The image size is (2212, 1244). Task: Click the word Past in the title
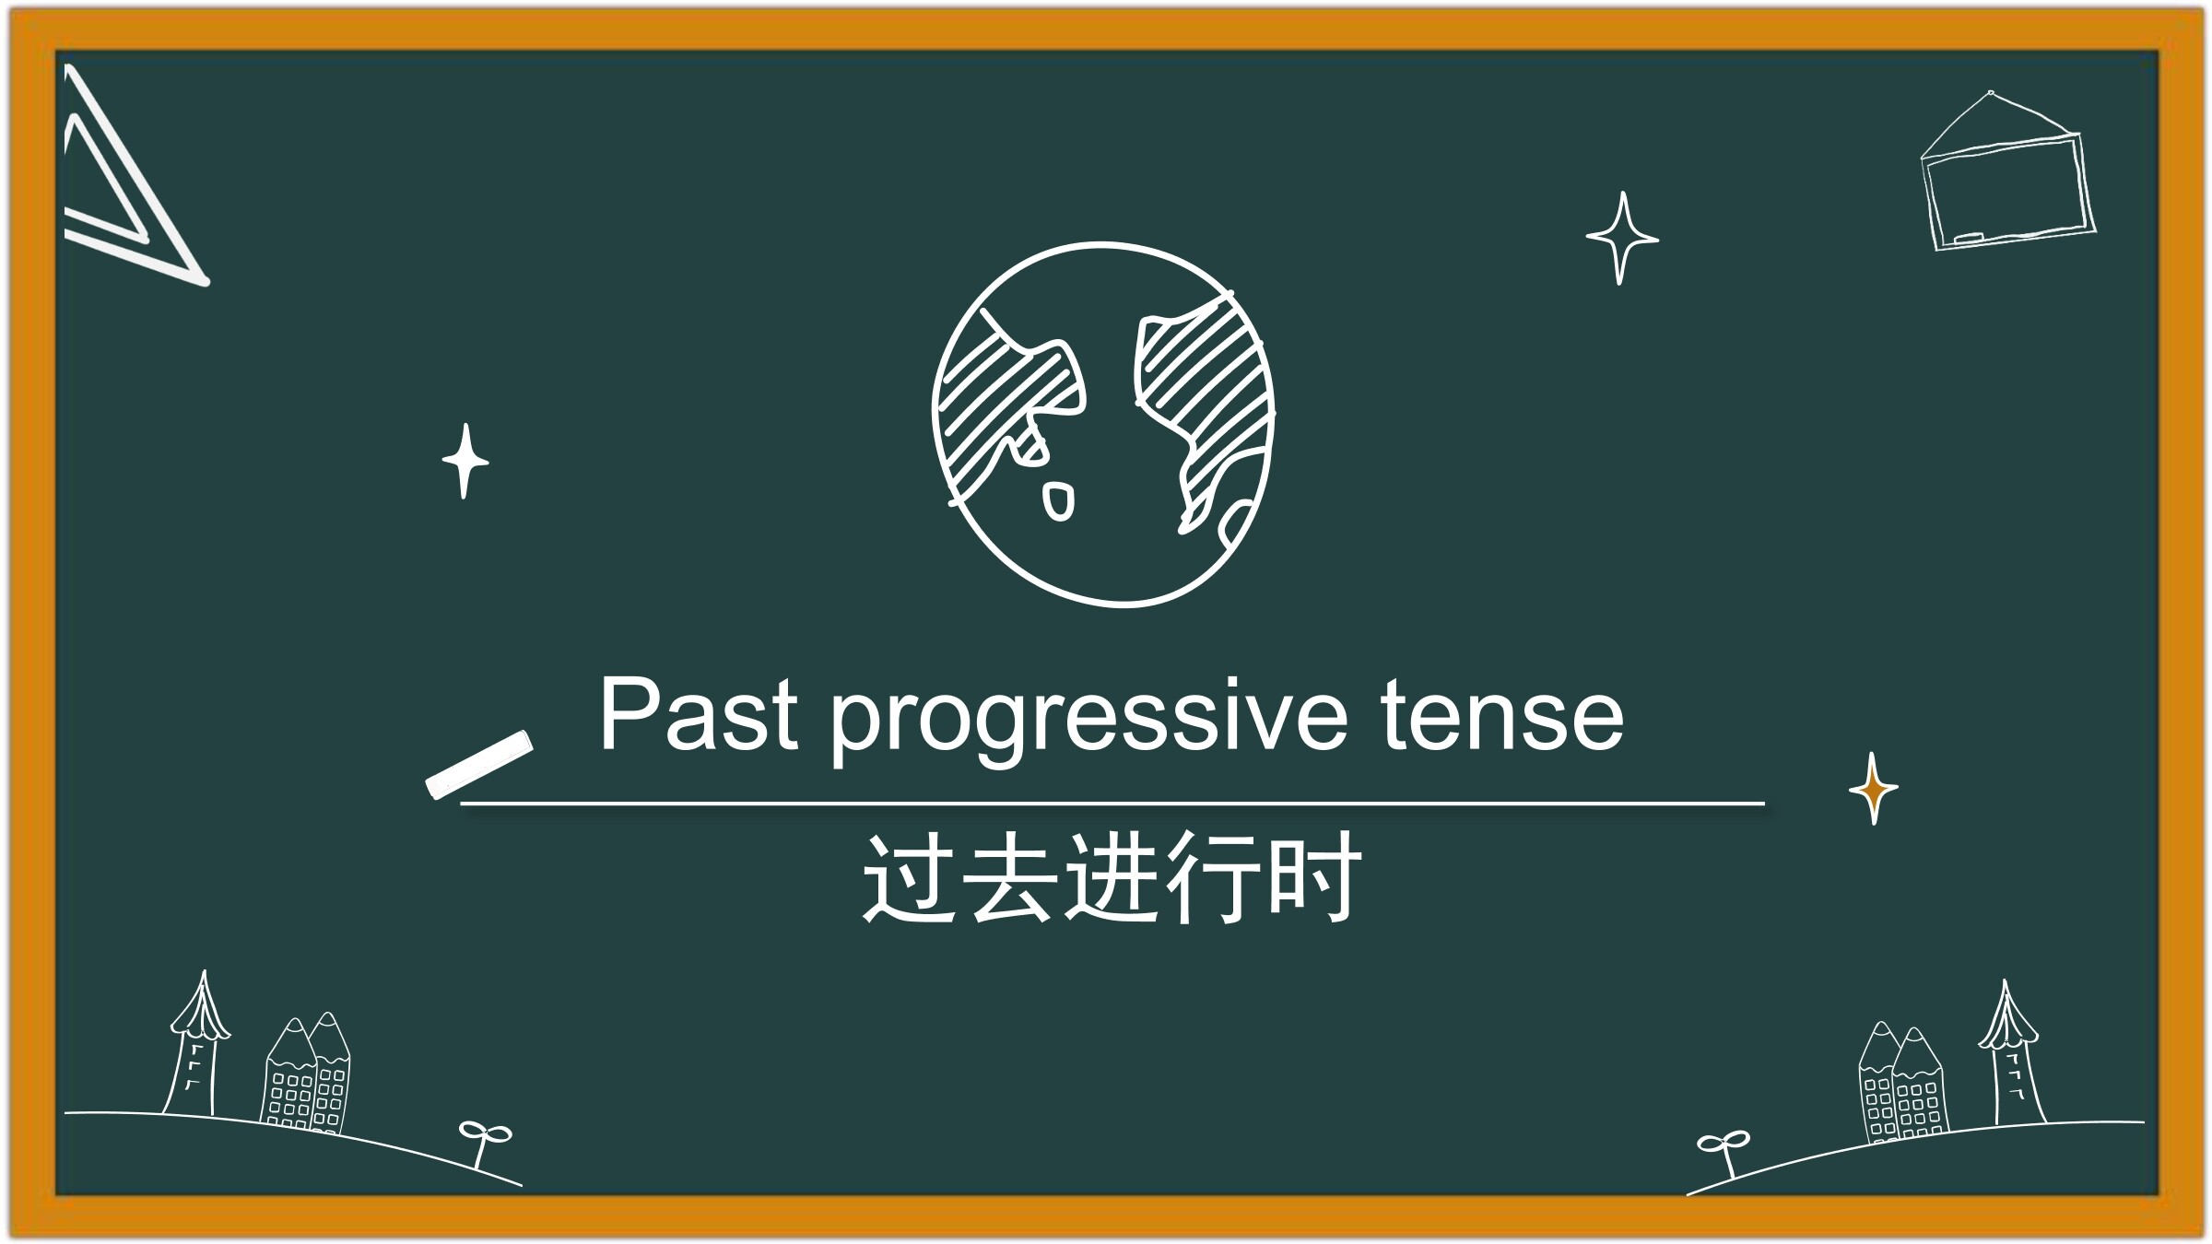point(698,715)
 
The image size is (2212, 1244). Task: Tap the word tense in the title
point(1501,717)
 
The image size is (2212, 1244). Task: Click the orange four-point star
point(1873,788)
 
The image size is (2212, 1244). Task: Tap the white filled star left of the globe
point(465,461)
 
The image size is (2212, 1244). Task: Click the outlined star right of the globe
point(1622,239)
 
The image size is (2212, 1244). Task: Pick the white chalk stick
point(479,764)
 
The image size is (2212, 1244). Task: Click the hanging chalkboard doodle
point(2006,172)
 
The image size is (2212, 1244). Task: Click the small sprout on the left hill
point(483,1143)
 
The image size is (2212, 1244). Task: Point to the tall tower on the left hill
point(196,1046)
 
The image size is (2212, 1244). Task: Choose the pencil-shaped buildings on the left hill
point(307,1074)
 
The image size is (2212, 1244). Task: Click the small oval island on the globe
point(1058,501)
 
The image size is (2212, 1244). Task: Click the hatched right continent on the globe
point(1203,405)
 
